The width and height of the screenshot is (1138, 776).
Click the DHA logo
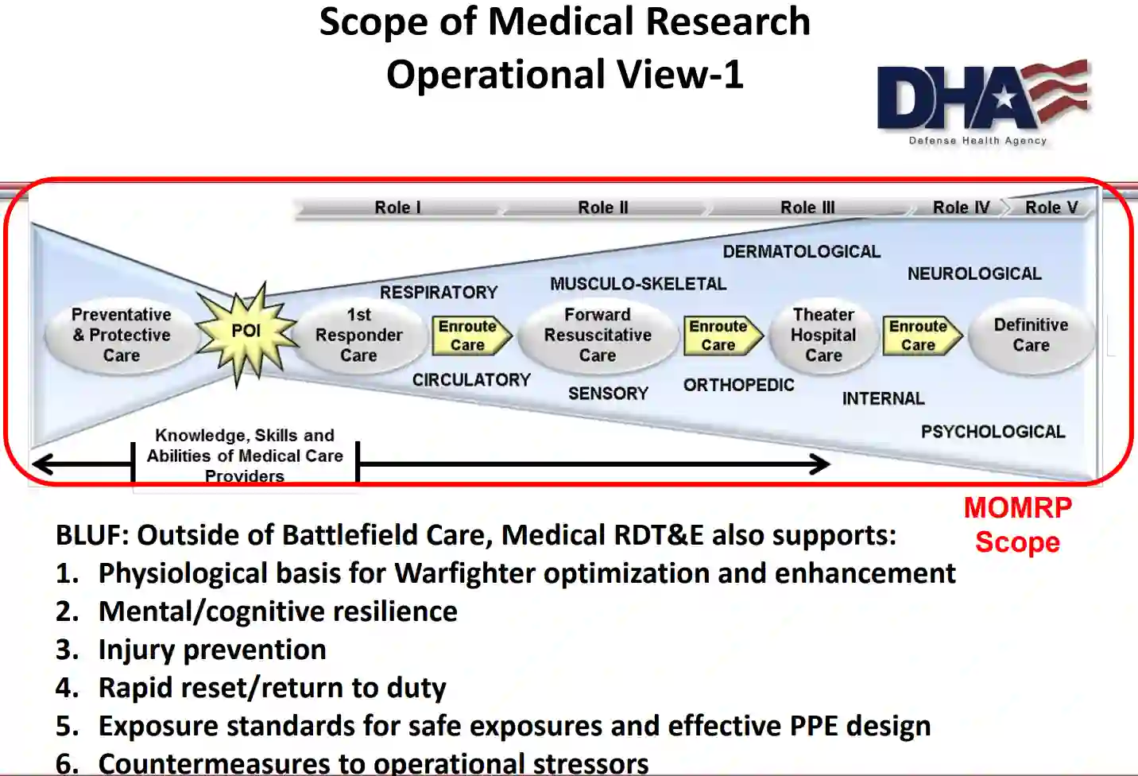[x=983, y=101]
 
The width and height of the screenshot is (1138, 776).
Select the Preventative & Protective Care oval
[x=122, y=336]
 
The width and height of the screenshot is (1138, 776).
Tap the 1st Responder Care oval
[x=358, y=336]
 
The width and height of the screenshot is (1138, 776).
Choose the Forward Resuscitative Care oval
[x=598, y=336]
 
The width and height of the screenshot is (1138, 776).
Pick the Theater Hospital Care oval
[x=823, y=336]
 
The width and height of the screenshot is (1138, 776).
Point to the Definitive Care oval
[x=1031, y=336]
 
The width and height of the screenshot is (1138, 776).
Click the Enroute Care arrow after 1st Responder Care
[x=470, y=336]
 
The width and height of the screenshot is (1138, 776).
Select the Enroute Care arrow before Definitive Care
[x=920, y=336]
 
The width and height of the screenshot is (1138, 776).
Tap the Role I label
[x=397, y=208]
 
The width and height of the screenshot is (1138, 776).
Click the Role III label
[x=807, y=208]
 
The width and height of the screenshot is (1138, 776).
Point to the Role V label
[x=1051, y=208]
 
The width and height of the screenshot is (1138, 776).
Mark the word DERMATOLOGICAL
[x=801, y=252]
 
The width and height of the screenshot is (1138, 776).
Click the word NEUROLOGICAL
[x=974, y=274]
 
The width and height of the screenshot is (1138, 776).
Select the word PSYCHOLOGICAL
[x=993, y=432]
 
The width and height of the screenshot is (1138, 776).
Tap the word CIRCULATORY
[x=471, y=380]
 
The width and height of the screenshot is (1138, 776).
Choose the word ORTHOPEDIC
[x=738, y=386]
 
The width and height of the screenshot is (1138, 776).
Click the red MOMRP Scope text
[x=1018, y=525]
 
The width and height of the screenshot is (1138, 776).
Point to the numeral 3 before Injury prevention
[x=66, y=650]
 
